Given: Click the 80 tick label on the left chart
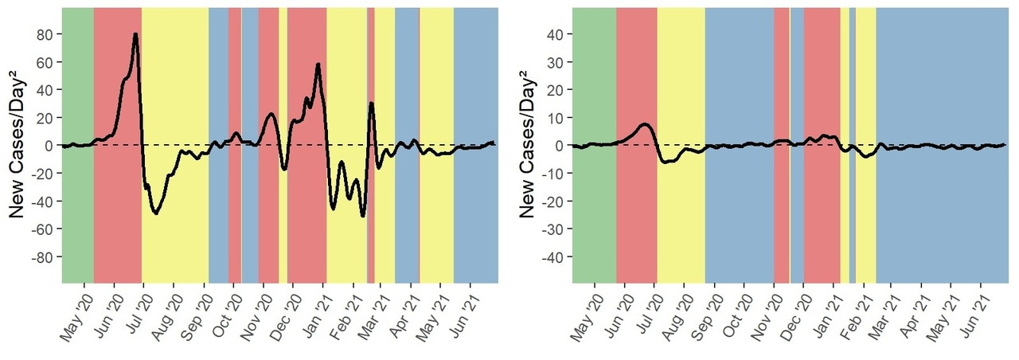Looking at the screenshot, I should pos(45,34).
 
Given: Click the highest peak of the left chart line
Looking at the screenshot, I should pos(135,34).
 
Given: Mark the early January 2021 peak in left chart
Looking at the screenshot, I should pos(318,65).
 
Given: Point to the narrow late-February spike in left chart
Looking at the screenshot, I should pos(371,104).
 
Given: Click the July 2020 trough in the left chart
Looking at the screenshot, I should pos(156,213).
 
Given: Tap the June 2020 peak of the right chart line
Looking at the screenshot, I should pos(644,124).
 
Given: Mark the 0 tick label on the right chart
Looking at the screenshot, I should pos(560,146).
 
